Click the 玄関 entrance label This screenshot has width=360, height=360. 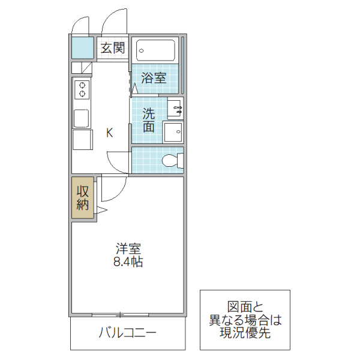(113, 48)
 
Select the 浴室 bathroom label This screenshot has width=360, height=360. (154, 78)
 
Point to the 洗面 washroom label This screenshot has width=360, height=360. (149, 119)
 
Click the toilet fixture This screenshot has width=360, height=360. (172, 160)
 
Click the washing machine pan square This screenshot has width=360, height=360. (174, 133)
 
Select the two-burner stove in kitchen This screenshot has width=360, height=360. (82, 90)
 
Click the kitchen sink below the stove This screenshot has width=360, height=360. (82, 118)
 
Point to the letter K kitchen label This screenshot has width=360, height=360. (109, 133)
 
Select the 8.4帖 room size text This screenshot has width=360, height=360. (128, 262)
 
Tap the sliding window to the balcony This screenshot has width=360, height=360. (121, 314)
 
